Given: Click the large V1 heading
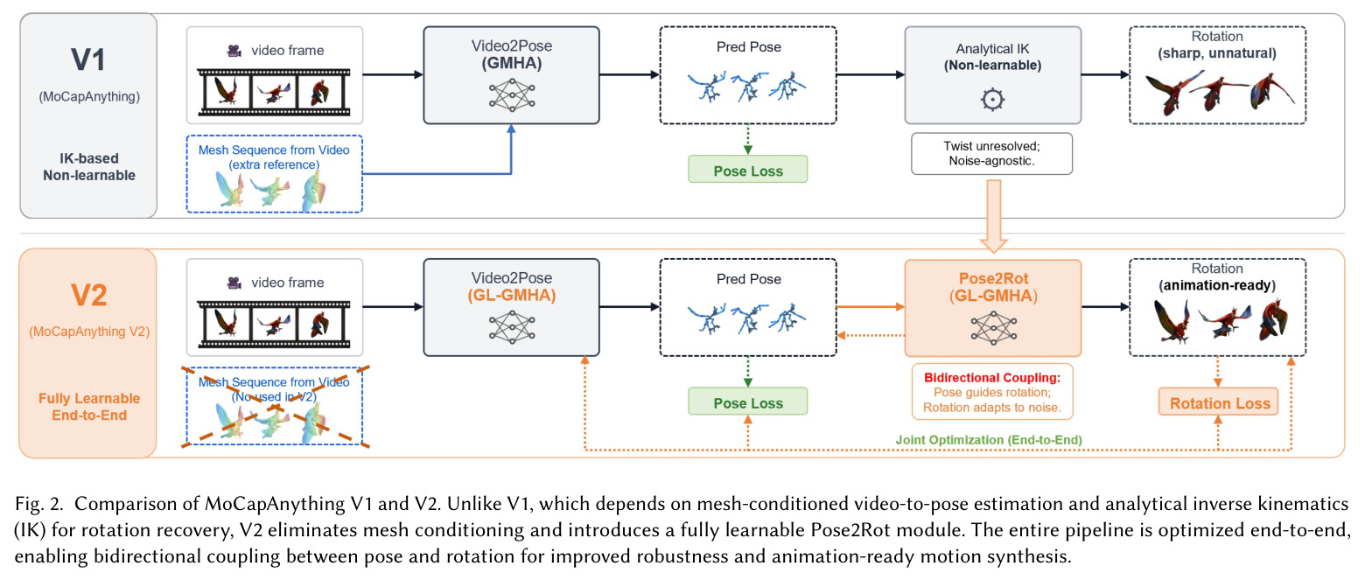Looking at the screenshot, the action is click(88, 60).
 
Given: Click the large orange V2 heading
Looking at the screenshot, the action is click(89, 296).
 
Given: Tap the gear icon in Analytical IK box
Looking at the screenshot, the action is click(992, 100).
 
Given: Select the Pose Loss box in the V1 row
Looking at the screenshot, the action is click(748, 170).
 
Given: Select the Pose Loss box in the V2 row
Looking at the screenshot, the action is click(748, 402).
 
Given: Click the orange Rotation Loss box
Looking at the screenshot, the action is click(1218, 402).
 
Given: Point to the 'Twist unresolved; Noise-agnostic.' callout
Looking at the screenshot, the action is click(991, 154).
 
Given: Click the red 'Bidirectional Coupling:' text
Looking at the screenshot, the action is click(992, 378).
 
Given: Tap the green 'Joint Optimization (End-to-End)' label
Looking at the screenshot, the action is click(989, 440).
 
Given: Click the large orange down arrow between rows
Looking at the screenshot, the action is click(994, 216).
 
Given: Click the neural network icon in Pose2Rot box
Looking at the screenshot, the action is click(993, 328).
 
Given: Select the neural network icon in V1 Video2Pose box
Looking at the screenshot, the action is click(512, 95).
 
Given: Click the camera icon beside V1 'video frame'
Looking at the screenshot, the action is click(234, 51).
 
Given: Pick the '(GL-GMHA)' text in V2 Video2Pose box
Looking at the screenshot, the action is click(512, 296).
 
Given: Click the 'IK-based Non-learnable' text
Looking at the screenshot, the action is click(89, 167).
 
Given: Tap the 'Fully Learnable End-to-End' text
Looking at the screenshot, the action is click(89, 407).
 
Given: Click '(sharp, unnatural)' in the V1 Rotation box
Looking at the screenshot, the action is click(1217, 53).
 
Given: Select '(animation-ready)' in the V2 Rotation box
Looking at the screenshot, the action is click(1217, 286).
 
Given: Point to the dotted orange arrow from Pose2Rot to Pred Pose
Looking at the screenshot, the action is click(871, 335).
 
